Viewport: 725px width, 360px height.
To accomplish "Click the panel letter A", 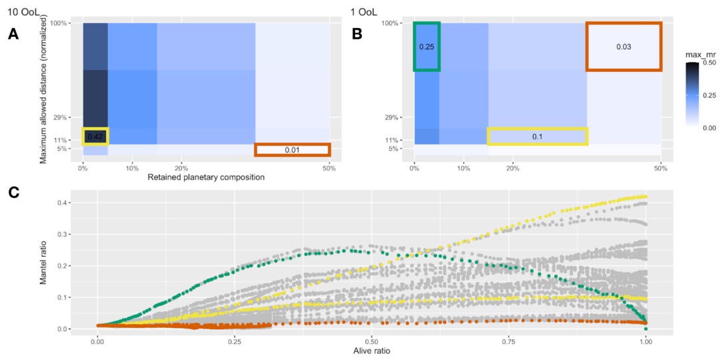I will [13, 35].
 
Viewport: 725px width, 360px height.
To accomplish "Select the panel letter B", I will [357, 35].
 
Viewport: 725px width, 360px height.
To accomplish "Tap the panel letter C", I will [13, 193].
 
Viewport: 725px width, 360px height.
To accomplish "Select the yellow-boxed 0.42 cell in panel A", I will [95, 137].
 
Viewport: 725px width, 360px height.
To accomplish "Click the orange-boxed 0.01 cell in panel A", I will [292, 150].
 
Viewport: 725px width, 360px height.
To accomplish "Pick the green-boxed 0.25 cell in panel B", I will [426, 47].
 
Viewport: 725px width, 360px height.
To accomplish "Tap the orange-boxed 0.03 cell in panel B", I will [624, 47].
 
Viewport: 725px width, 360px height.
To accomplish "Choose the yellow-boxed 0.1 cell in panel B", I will [537, 136].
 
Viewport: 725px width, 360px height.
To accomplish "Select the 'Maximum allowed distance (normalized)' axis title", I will [43, 89].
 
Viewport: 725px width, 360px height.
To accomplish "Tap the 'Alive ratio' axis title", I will [372, 350].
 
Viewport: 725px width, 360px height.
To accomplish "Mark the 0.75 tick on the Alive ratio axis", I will [508, 339].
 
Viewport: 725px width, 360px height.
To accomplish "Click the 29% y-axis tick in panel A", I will [70, 118].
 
